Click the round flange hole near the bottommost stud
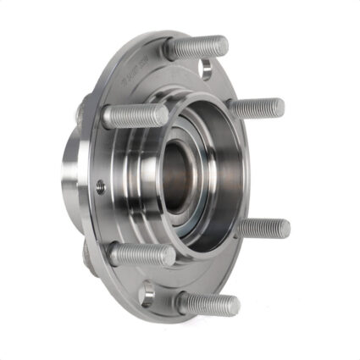147,293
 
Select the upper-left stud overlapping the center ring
136,115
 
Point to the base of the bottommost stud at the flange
182,299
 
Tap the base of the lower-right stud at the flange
241,225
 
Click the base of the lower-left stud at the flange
117,251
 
